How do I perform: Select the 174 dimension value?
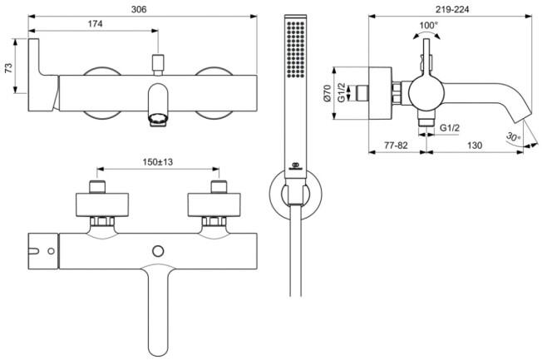[95, 25]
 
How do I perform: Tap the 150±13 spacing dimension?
[156, 162]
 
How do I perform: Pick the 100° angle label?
[428, 26]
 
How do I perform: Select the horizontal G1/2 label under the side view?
[450, 127]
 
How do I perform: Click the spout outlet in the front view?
[157, 121]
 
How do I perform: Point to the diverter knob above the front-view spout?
[157, 62]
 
